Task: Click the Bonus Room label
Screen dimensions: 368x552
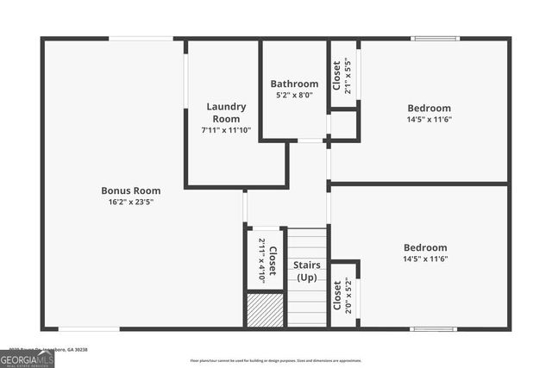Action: point(130,190)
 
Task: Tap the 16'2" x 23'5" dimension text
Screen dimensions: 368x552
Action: point(130,202)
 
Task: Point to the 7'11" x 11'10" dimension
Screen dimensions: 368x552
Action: point(225,129)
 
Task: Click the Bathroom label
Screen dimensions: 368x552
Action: point(294,84)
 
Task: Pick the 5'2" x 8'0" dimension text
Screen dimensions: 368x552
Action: point(294,95)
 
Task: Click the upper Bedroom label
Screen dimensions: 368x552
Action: point(429,108)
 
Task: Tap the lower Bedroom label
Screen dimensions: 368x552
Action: point(425,247)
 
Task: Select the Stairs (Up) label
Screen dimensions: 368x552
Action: point(306,271)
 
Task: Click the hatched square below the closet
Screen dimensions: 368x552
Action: point(265,310)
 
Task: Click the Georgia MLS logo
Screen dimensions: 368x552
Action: point(27,358)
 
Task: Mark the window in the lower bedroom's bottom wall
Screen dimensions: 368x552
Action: point(433,328)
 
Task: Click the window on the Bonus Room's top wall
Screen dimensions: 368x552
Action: point(141,38)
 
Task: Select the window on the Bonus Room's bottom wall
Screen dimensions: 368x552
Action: point(89,328)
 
